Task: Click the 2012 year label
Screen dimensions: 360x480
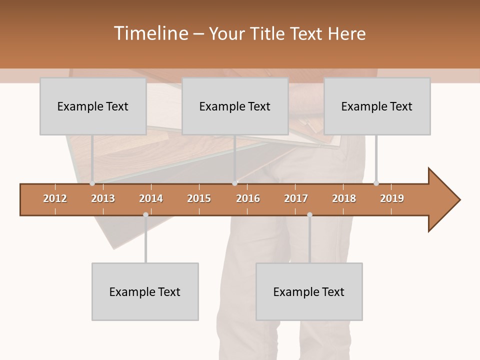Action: click(x=55, y=198)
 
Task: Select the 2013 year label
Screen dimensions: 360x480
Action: click(x=103, y=198)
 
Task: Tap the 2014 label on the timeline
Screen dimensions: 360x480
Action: click(x=151, y=198)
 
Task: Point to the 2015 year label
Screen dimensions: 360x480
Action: click(x=199, y=198)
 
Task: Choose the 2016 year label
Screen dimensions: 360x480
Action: click(x=248, y=198)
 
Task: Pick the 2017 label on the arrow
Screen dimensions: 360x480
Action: click(x=296, y=198)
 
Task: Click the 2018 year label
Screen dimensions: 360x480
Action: click(x=344, y=198)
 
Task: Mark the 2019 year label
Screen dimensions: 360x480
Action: click(x=392, y=198)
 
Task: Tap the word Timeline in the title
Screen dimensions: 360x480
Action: click(x=150, y=33)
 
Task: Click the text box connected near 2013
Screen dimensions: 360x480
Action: click(x=93, y=106)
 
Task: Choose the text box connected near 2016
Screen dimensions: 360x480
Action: click(x=235, y=106)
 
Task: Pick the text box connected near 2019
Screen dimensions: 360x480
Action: click(x=377, y=106)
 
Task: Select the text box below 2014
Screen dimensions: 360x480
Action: click(x=145, y=291)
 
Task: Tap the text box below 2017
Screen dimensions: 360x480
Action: click(x=309, y=291)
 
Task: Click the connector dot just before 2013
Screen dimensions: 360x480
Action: click(x=92, y=183)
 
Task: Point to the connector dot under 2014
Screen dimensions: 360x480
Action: click(x=145, y=215)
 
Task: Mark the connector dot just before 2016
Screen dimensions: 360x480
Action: click(x=235, y=183)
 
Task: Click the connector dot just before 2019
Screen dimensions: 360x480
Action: click(x=376, y=183)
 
